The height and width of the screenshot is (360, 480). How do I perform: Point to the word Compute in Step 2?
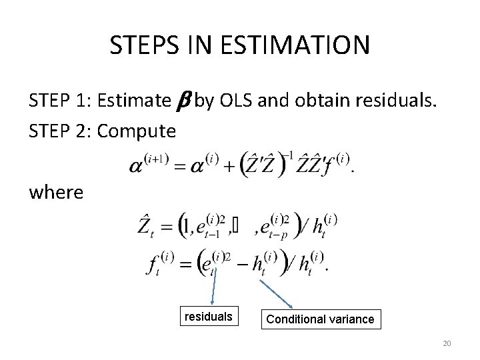coord(137,131)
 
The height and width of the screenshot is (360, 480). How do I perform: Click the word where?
coord(56,193)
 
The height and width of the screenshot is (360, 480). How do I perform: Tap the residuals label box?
coord(207,317)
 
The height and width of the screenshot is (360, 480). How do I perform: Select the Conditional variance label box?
coord(320,319)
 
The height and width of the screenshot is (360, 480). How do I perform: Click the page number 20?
coord(447,343)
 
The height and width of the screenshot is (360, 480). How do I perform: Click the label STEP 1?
coord(60,101)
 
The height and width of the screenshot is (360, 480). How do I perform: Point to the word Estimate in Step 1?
coord(133,101)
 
